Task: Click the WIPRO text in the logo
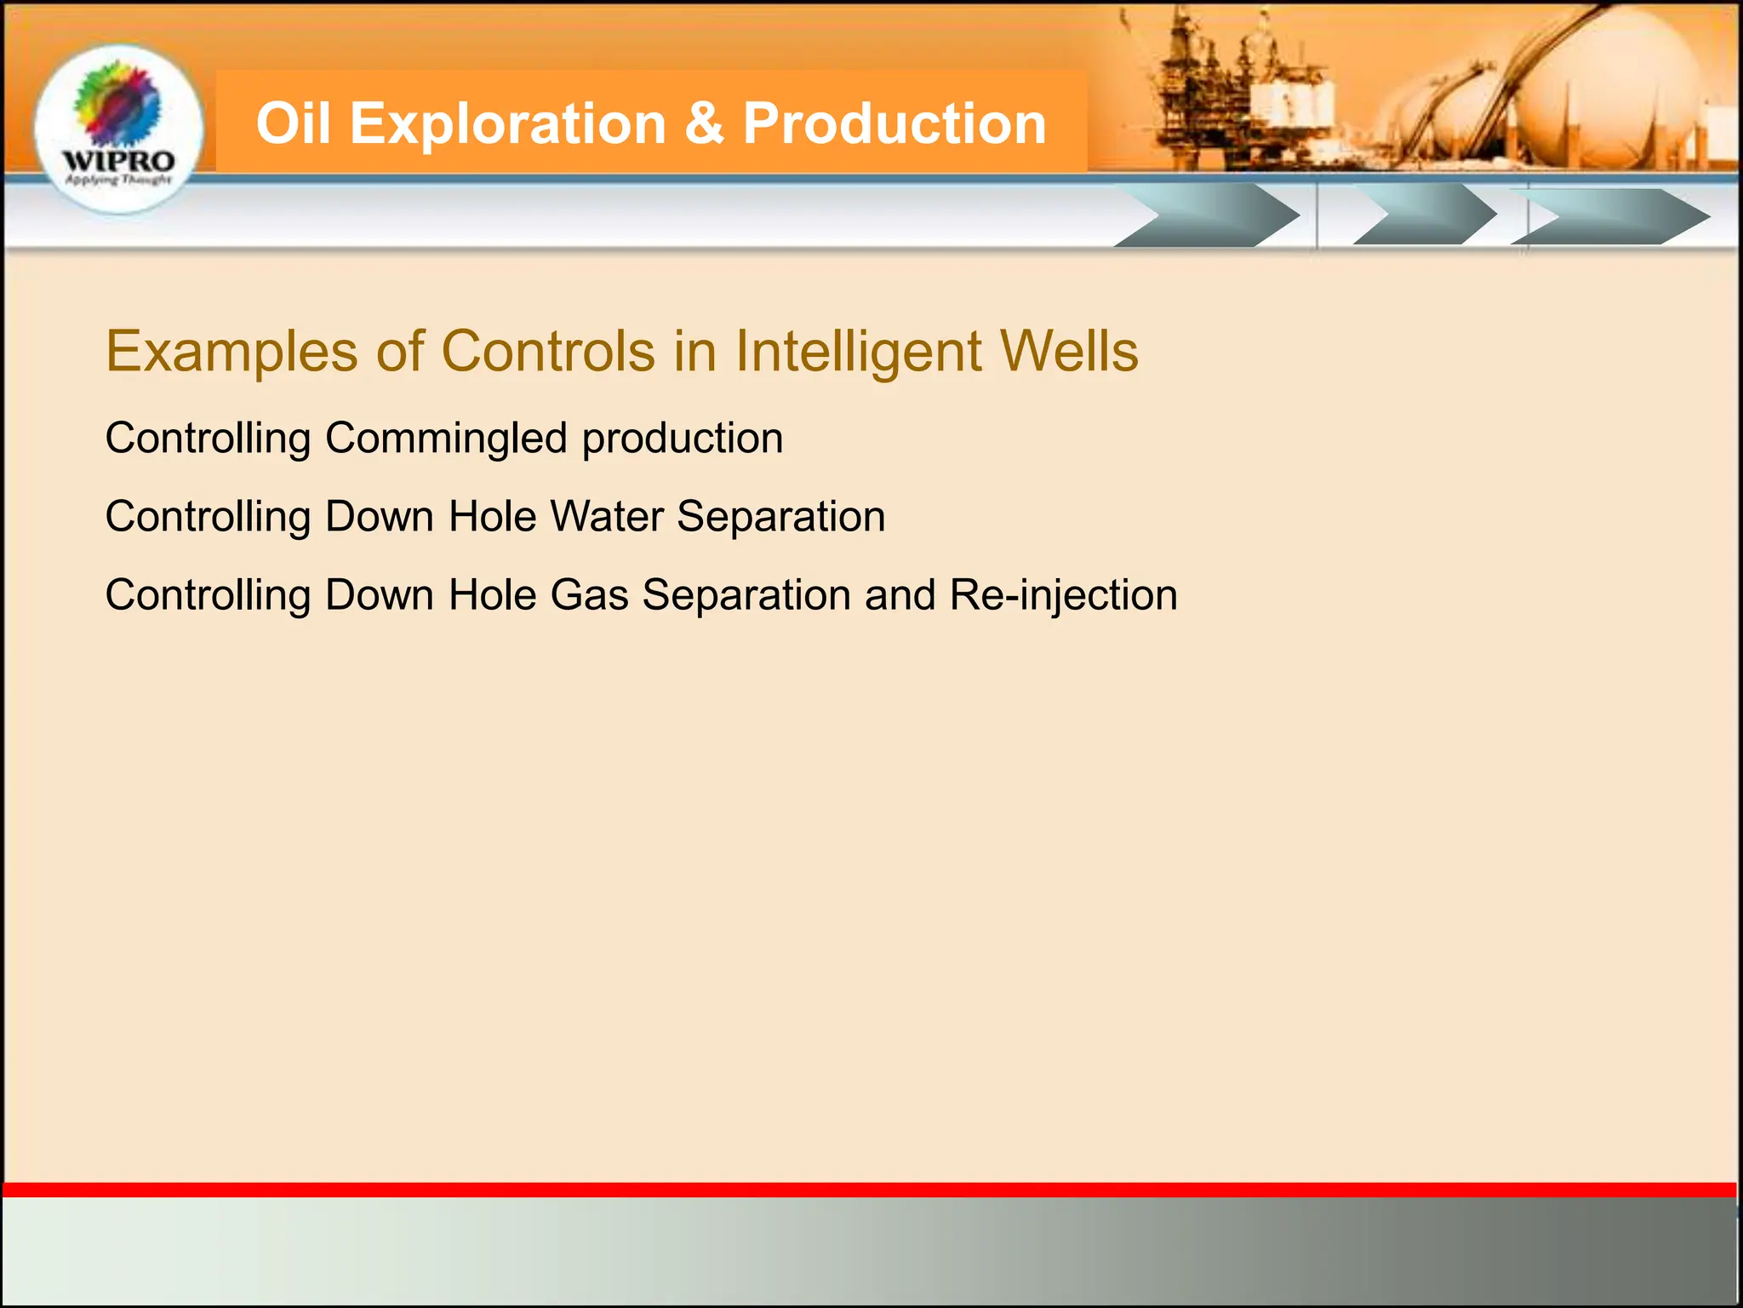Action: (x=118, y=161)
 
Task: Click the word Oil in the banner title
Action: (x=293, y=123)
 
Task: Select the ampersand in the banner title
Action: (x=703, y=123)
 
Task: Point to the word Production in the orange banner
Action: (x=894, y=123)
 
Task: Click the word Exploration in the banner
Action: (x=507, y=123)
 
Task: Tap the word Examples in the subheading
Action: (x=231, y=352)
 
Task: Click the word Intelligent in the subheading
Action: (x=858, y=352)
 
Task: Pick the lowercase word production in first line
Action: (x=683, y=439)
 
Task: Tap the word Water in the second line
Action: (x=606, y=517)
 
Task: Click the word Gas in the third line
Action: (x=589, y=595)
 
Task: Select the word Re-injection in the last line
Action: (x=1063, y=595)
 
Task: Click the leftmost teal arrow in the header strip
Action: (x=1209, y=216)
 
